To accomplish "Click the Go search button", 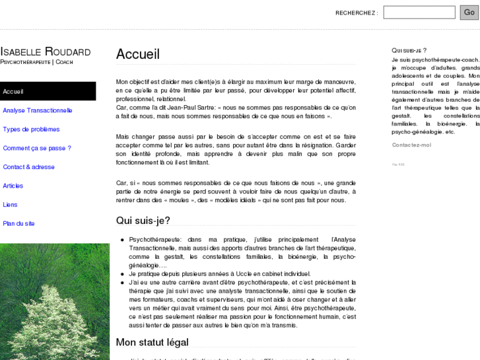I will (x=469, y=12).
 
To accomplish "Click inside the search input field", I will (x=419, y=12).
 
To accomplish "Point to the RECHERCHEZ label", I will (x=357, y=13).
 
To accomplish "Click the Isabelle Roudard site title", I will (x=46, y=52).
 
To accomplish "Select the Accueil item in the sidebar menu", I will (x=13, y=91).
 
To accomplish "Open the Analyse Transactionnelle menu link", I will (x=38, y=110).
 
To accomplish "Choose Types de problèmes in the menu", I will (x=31, y=129).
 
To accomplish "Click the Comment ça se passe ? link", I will (x=37, y=148).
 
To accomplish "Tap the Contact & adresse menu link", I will (x=29, y=167).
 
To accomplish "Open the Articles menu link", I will (x=13, y=186).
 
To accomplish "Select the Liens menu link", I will (x=10, y=205).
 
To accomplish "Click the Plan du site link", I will (x=19, y=223).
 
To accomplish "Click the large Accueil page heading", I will (x=138, y=54).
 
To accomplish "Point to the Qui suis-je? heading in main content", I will (x=143, y=221).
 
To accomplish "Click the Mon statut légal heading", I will (x=153, y=342).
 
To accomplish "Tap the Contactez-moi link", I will (x=411, y=145).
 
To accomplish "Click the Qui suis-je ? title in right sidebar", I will (x=409, y=50).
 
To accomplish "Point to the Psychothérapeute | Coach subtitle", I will (x=36, y=61).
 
